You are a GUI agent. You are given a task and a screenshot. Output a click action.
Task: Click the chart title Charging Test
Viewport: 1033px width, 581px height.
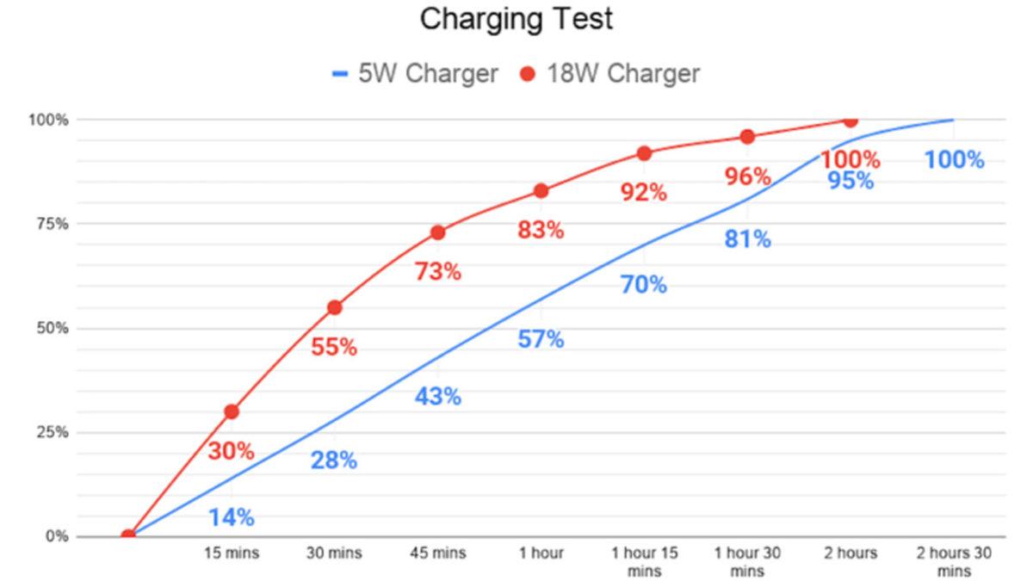[x=516, y=20]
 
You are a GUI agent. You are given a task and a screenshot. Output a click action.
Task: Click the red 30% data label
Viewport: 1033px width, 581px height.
[x=231, y=451]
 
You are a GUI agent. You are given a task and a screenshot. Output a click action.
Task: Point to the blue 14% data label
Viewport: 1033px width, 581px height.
[x=231, y=517]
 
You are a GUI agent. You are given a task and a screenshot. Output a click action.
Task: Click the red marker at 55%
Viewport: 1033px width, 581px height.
[x=335, y=307]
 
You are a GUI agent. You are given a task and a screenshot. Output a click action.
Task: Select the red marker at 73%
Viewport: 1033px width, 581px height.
[x=437, y=232]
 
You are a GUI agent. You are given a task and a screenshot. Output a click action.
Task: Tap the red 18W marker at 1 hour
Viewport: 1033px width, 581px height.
[x=541, y=190]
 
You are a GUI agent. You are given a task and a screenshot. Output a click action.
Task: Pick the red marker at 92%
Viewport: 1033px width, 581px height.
[x=644, y=153]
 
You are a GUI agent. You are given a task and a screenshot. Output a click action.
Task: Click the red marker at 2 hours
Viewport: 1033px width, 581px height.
[x=851, y=121]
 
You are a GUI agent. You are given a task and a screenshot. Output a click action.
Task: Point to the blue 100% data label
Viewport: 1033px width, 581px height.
[x=954, y=160]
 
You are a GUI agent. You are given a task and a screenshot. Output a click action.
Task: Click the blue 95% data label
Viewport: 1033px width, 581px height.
[x=851, y=181]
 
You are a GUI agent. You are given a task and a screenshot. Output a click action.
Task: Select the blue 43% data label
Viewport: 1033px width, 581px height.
[x=437, y=397]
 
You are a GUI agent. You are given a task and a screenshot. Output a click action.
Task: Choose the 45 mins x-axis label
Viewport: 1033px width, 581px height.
[x=437, y=553]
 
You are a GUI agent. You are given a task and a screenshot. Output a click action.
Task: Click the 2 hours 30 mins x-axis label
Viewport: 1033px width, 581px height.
[x=954, y=561]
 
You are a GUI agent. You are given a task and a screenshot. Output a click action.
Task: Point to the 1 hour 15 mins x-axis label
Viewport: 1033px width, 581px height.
[x=644, y=561]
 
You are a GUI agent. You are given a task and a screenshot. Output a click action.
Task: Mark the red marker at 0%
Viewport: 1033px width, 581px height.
[x=128, y=536]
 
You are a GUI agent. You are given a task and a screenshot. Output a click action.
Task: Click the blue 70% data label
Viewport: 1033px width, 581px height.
[x=644, y=285]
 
